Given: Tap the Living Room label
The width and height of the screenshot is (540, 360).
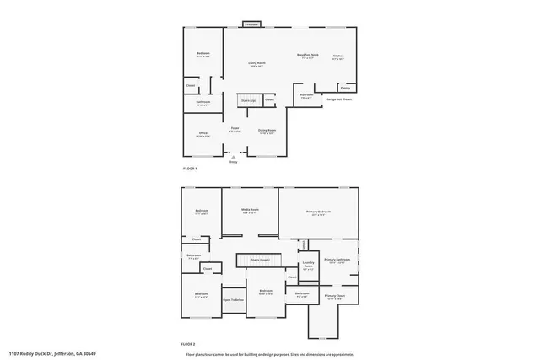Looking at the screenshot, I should (256, 64).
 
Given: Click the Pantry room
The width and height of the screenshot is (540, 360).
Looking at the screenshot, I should (345, 88).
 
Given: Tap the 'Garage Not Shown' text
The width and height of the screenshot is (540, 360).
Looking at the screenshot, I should (337, 99).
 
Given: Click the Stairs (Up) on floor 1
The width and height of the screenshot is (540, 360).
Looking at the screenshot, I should (249, 100).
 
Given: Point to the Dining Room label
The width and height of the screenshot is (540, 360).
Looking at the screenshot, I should (267, 132).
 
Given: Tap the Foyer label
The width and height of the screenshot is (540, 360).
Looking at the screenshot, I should (235, 129).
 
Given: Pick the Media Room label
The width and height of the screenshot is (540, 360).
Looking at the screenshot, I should (250, 211).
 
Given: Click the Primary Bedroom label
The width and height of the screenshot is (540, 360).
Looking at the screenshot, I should (318, 212).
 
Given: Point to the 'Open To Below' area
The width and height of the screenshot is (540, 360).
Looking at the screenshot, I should (234, 299).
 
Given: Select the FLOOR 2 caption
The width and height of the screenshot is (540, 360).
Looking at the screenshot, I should (189, 345).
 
